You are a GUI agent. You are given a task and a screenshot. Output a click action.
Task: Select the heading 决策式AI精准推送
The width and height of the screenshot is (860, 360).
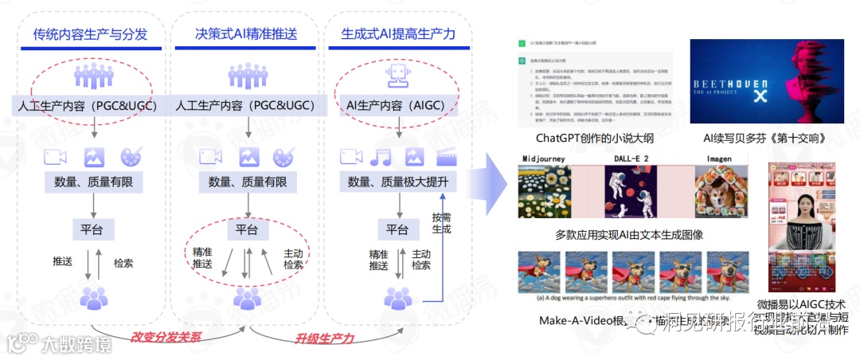click(x=245, y=35)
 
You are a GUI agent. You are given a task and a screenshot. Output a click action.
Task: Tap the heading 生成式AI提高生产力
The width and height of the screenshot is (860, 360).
click(x=397, y=35)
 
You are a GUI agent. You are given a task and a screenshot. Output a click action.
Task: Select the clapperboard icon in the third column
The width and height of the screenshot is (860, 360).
click(x=446, y=157)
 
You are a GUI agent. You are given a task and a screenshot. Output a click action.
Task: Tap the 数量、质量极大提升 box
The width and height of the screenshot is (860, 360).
click(x=397, y=182)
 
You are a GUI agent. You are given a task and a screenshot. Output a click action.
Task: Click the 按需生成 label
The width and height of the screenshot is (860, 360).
click(x=440, y=223)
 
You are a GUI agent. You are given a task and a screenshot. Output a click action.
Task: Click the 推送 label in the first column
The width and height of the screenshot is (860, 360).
click(x=64, y=260)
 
